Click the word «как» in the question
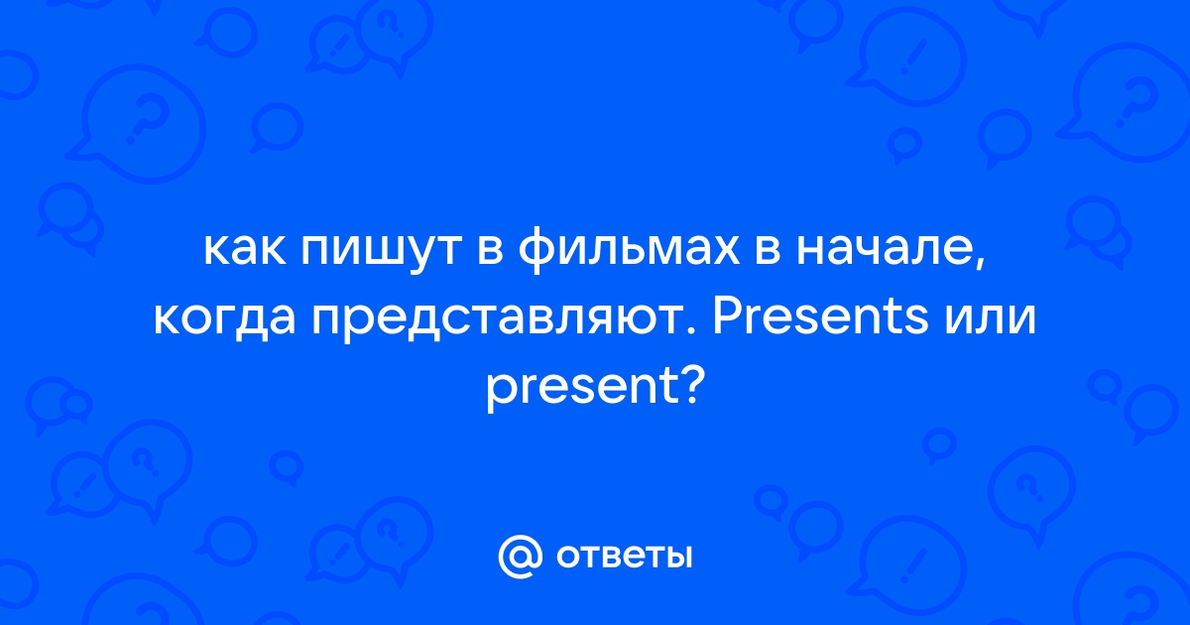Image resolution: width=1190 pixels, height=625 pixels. click(x=245, y=249)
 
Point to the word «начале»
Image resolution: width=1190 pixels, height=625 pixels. click(x=886, y=249)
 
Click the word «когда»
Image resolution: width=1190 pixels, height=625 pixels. click(x=224, y=319)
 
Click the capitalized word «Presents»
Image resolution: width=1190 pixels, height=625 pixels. click(x=821, y=317)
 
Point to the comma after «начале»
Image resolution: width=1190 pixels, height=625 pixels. click(x=981, y=262)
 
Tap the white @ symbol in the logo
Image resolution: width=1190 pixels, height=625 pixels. click(x=520, y=557)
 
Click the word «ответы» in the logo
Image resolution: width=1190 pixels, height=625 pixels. click(x=625, y=557)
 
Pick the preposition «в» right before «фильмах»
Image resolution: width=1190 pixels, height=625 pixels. click(x=489, y=250)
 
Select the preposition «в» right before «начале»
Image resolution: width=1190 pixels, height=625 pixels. click(x=768, y=250)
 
